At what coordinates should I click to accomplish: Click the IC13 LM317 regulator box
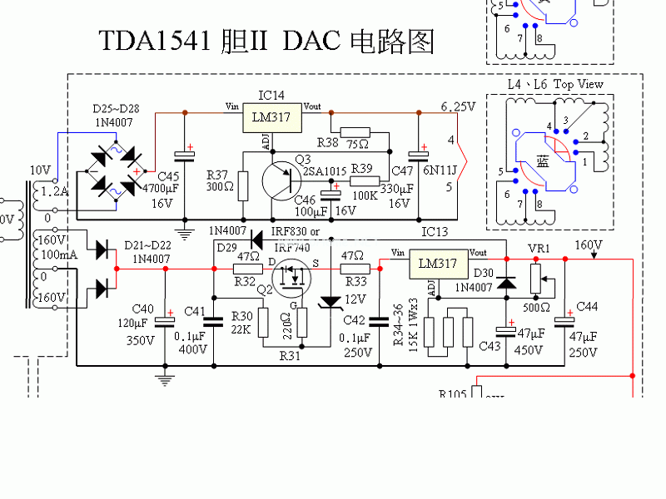437,264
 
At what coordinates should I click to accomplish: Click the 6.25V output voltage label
457,106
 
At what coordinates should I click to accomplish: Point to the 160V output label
589,245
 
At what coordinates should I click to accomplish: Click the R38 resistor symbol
355,131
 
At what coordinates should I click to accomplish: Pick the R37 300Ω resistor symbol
243,184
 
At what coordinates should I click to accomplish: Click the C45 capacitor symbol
184,155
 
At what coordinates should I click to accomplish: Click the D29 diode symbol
256,240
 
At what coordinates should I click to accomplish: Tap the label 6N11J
440,171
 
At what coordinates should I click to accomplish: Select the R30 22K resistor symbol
263,321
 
